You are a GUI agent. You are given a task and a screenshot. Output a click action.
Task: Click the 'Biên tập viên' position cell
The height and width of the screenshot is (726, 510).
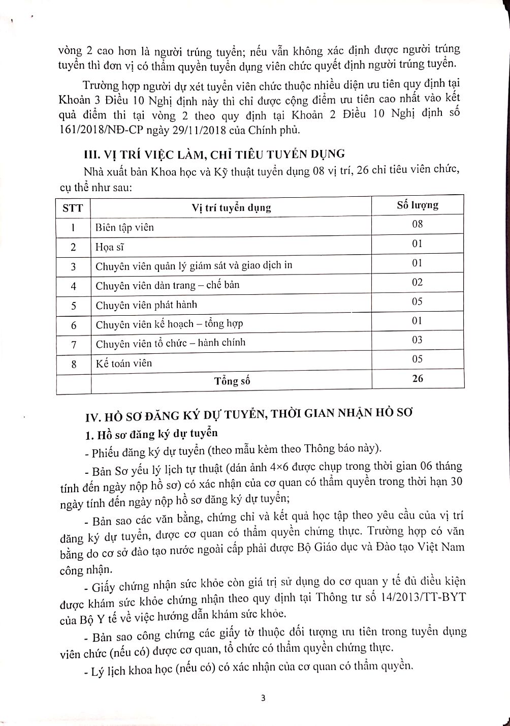pyautogui.click(x=124, y=227)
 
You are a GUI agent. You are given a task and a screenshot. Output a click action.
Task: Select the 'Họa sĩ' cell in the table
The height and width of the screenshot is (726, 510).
pyautogui.click(x=110, y=247)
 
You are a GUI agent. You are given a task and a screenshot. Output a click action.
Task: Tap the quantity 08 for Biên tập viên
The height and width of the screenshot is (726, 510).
pyautogui.click(x=418, y=224)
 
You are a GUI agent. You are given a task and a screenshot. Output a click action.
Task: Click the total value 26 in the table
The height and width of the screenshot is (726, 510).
pyautogui.click(x=418, y=379)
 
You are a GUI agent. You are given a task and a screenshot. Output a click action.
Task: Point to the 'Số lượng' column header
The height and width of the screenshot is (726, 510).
pyautogui.click(x=417, y=205)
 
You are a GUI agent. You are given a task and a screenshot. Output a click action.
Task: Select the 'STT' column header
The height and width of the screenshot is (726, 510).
pyautogui.click(x=73, y=208)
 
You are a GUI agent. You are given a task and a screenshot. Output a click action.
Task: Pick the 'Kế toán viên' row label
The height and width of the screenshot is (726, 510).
pyautogui.click(x=123, y=363)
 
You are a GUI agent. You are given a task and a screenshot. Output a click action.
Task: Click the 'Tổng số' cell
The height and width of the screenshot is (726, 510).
pyautogui.click(x=232, y=381)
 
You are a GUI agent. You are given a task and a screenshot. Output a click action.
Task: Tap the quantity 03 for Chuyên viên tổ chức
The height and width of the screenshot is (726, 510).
pyautogui.click(x=418, y=340)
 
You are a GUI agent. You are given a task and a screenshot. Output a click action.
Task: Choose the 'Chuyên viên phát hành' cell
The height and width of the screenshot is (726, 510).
pyautogui.click(x=146, y=305)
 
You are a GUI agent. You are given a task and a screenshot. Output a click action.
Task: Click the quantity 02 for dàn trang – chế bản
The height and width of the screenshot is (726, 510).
pyautogui.click(x=418, y=282)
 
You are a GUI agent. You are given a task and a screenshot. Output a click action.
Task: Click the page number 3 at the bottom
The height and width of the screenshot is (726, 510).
pyautogui.click(x=263, y=698)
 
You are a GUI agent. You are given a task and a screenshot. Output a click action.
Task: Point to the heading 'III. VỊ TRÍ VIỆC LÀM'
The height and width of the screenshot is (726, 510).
pyautogui.click(x=213, y=153)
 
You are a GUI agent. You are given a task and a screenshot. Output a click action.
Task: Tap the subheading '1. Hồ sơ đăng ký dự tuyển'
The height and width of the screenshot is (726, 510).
pyautogui.click(x=151, y=433)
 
